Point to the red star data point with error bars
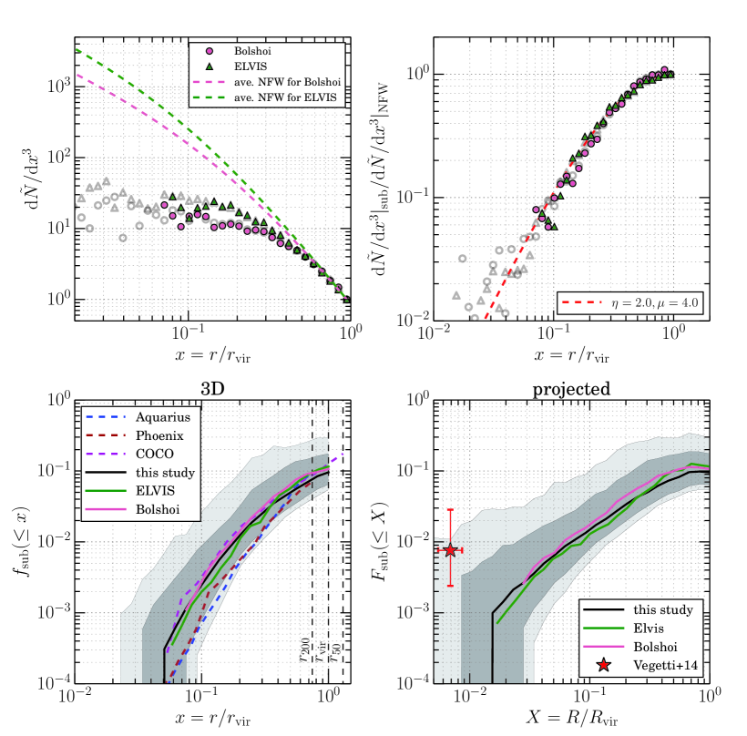(x=450, y=550)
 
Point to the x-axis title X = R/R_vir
(x=571, y=717)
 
